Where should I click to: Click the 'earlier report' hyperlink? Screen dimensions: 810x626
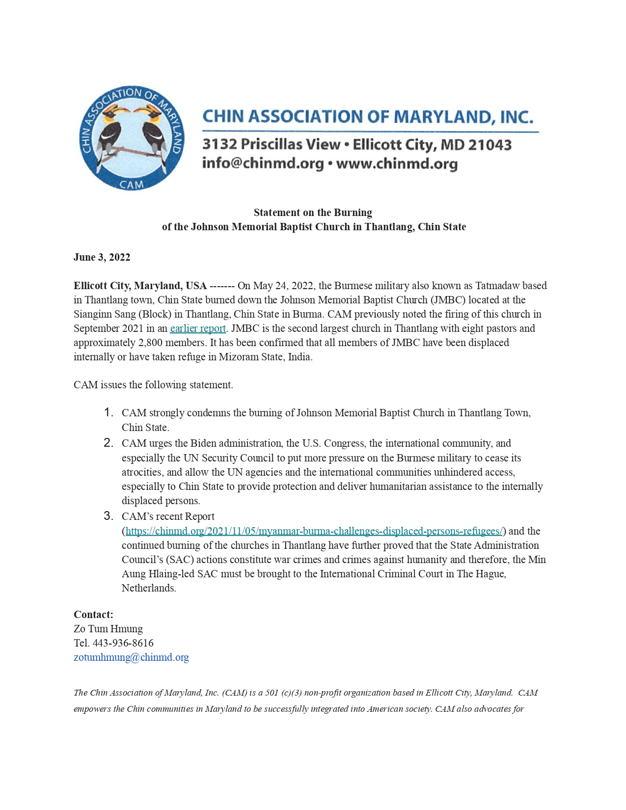point(198,328)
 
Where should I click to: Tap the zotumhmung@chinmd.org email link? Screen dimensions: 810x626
point(131,657)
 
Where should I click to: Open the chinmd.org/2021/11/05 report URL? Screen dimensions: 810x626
point(314,531)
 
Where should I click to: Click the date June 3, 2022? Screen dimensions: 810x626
point(102,258)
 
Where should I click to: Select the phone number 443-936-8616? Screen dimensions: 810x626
point(123,643)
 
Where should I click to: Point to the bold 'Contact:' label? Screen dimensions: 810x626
point(93,615)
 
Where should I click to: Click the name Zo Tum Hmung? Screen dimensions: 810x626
point(108,629)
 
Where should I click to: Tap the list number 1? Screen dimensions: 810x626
point(109,412)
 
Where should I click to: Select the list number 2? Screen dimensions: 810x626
point(109,443)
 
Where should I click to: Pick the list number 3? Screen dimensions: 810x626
point(109,516)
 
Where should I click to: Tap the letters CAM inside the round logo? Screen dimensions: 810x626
point(132,185)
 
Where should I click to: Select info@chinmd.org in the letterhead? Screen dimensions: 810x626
point(263,163)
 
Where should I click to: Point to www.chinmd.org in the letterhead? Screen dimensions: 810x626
point(397,163)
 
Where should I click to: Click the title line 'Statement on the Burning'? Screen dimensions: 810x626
point(313,213)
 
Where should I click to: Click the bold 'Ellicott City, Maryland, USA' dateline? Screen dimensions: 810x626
point(140,286)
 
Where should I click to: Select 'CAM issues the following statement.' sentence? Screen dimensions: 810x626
point(153,385)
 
